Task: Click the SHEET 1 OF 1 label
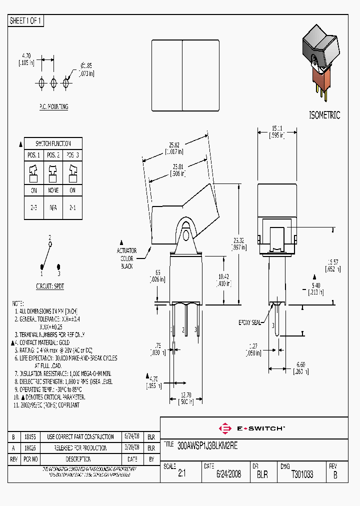pyautogui.click(x=26, y=21)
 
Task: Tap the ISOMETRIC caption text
pyautogui.click(x=325, y=115)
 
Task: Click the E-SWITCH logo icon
pyautogui.click(x=225, y=428)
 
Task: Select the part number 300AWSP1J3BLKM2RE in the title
pyautogui.click(x=207, y=446)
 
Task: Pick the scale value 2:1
pyautogui.click(x=181, y=474)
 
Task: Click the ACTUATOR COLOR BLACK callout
pyautogui.click(x=126, y=258)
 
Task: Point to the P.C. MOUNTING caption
pyautogui.click(x=53, y=107)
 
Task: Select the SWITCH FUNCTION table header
pyautogui.click(x=53, y=143)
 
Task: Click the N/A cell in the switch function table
pyautogui.click(x=53, y=206)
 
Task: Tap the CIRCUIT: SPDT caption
pyautogui.click(x=50, y=286)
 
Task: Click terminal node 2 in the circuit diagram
pyautogui.click(x=49, y=244)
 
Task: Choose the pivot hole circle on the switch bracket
pyautogui.click(x=185, y=235)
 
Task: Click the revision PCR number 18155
pyautogui.click(x=30, y=437)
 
